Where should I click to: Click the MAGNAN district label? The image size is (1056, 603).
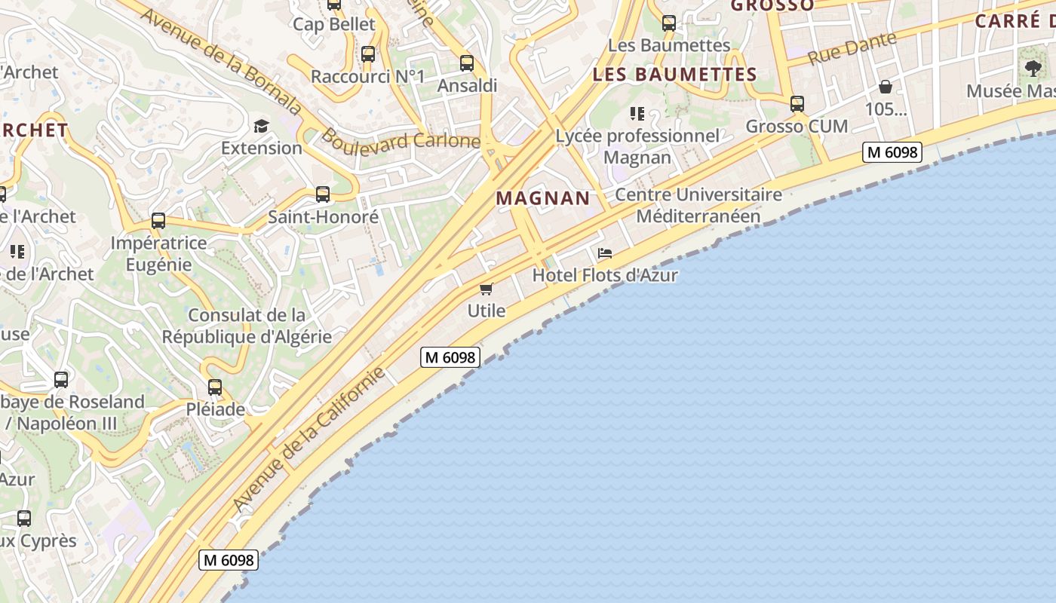tap(542, 198)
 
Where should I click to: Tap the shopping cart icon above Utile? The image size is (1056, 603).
tap(487, 289)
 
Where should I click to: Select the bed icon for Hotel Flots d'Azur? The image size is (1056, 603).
tap(605, 253)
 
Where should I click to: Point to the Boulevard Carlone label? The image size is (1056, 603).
tap(401, 140)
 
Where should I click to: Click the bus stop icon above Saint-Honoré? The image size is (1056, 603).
tap(323, 194)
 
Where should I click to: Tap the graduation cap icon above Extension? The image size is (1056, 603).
tap(261, 126)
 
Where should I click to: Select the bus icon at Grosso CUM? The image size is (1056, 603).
tap(797, 104)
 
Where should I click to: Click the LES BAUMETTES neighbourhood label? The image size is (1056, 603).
tap(674, 75)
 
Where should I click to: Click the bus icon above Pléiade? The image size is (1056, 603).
tap(215, 387)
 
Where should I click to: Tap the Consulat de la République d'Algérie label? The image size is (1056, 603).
tap(247, 326)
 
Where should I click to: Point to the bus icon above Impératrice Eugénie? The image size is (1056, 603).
tap(158, 221)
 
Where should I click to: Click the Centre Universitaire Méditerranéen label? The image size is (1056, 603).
tap(698, 205)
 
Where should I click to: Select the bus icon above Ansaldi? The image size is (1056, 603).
tap(467, 63)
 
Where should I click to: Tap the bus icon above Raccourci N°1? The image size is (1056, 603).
tap(368, 54)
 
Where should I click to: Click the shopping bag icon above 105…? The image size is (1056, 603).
tap(886, 87)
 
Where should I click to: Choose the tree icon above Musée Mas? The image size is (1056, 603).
tap(1033, 69)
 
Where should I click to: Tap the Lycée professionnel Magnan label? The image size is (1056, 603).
tap(637, 146)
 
